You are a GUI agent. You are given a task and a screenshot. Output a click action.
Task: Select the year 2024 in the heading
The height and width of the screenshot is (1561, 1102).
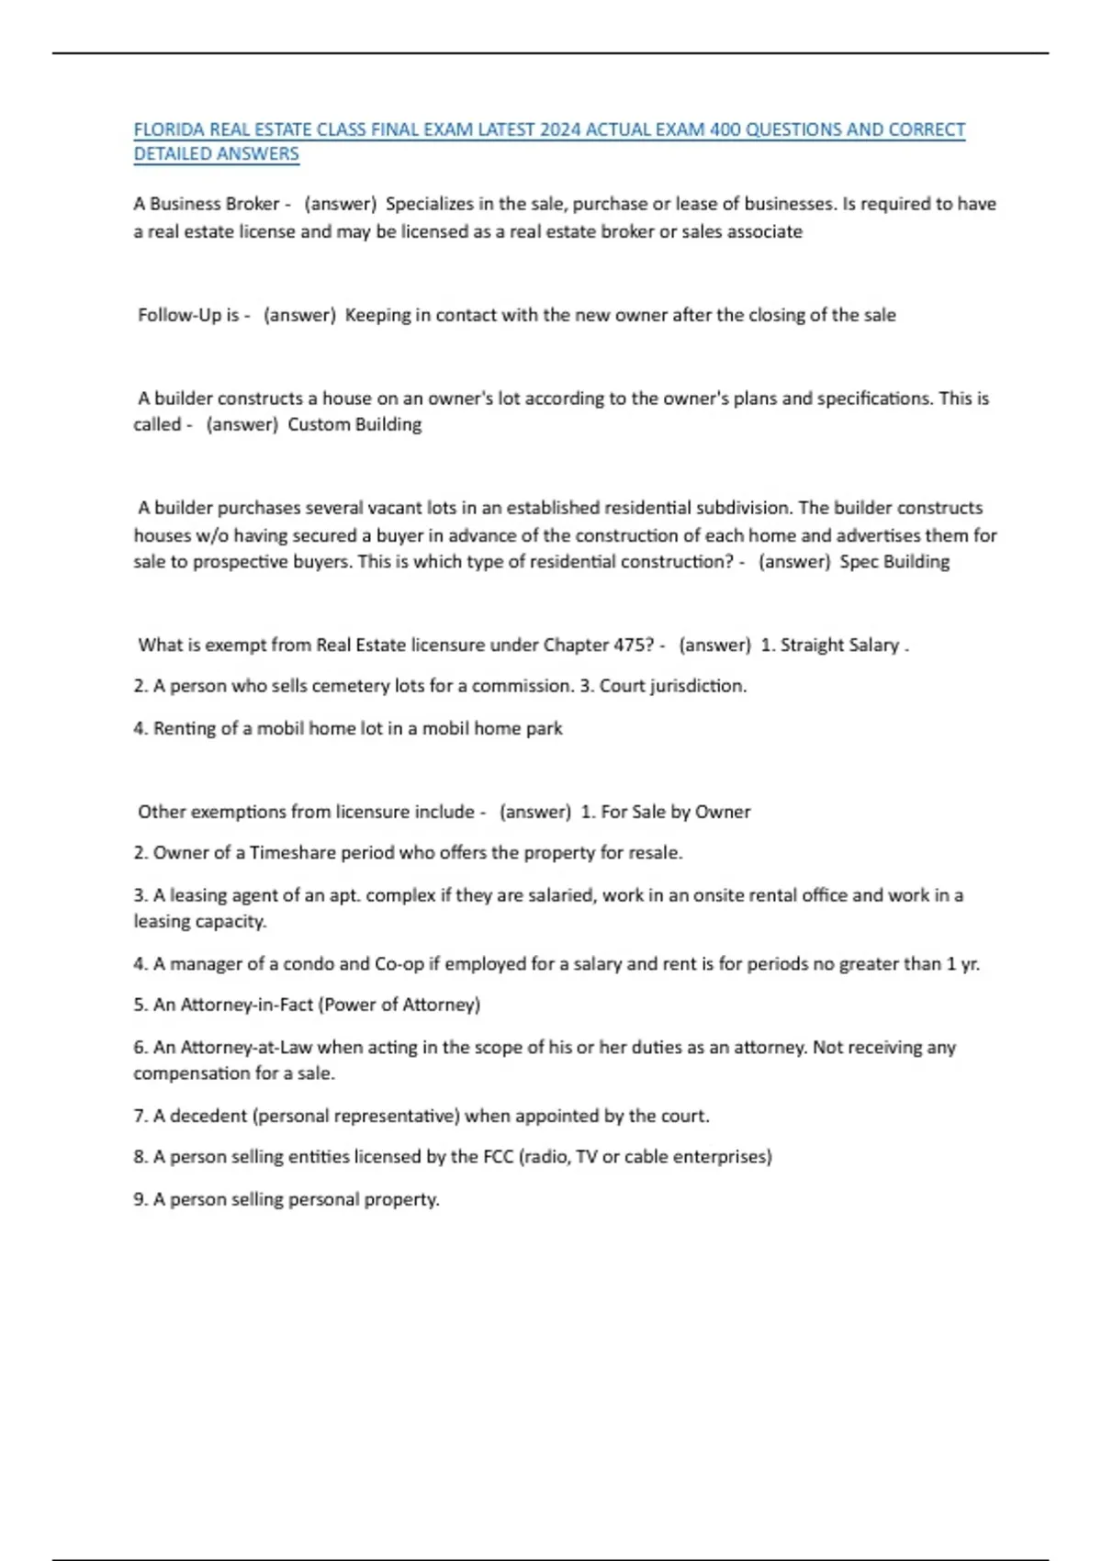pos(560,129)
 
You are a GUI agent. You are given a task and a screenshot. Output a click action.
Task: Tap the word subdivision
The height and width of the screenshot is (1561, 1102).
pos(743,508)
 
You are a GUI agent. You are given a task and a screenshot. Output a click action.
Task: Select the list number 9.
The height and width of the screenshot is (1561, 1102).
pos(141,1199)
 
